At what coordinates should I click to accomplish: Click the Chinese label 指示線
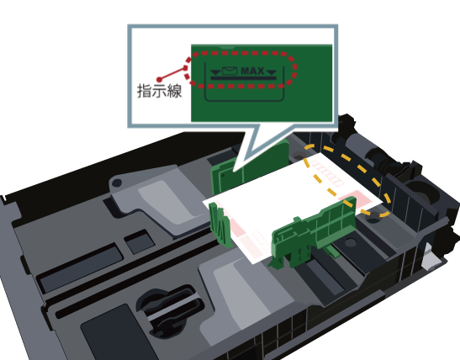(159, 91)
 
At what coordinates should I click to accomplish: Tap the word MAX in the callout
(252, 71)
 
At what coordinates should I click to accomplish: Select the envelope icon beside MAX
(230, 71)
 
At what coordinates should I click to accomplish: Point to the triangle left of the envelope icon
(215, 72)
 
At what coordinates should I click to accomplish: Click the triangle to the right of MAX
(272, 72)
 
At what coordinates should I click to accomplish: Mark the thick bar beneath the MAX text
(244, 78)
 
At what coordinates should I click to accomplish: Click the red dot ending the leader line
(159, 79)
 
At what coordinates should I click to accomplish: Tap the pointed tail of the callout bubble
(235, 170)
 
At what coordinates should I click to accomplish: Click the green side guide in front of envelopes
(314, 235)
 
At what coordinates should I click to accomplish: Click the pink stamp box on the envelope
(356, 199)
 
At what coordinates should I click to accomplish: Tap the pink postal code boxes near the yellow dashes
(327, 174)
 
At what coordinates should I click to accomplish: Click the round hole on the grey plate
(117, 183)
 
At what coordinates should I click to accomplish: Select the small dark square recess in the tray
(140, 242)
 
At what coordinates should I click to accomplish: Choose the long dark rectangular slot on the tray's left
(80, 267)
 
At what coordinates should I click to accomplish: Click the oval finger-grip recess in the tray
(170, 311)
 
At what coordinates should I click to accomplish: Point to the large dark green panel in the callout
(262, 83)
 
